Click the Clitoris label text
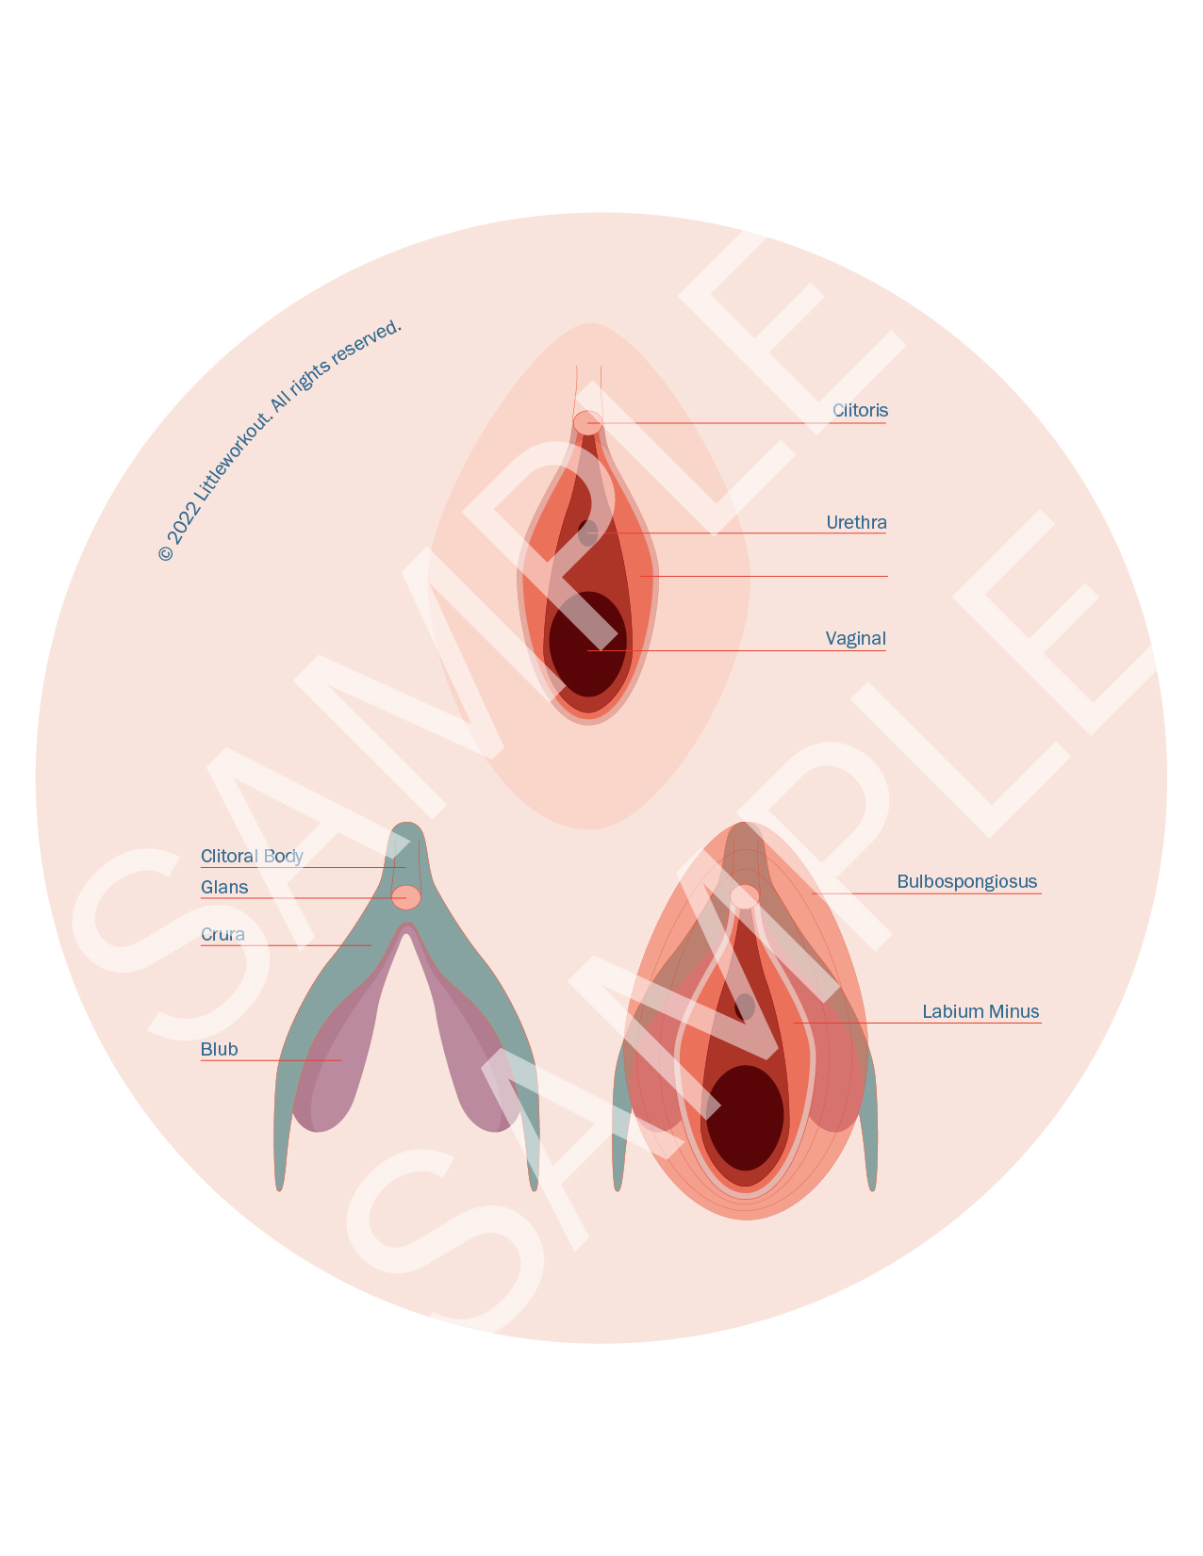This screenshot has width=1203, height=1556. click(860, 411)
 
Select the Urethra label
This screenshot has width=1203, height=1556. click(856, 523)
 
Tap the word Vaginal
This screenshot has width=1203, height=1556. click(855, 639)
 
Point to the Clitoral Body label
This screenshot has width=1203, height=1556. click(252, 857)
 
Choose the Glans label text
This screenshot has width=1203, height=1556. click(224, 888)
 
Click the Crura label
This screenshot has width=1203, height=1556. click(222, 935)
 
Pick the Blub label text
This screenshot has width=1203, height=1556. click(219, 1050)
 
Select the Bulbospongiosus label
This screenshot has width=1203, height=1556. click(966, 882)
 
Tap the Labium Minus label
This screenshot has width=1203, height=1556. click(981, 1012)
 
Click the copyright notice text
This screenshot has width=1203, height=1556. click(279, 440)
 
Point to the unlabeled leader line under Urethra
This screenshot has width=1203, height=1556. click(764, 576)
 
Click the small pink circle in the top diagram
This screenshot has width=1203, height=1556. click(587, 423)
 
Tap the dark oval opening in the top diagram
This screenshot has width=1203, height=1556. click(587, 645)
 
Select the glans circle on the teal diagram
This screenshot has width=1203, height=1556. click(406, 897)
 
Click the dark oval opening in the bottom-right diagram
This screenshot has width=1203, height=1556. click(745, 1118)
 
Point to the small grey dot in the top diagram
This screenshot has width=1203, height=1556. click(587, 532)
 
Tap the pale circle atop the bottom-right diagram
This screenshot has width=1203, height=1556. click(745, 896)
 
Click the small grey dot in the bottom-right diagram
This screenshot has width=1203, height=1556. click(745, 1007)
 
